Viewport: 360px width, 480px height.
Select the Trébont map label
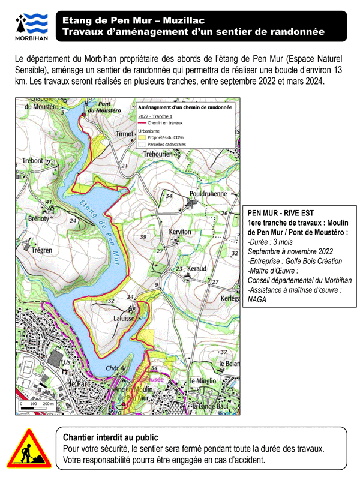pos(32,161)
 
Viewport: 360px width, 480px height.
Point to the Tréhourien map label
pos(161,154)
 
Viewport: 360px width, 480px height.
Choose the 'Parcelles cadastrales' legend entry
pos(167,145)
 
